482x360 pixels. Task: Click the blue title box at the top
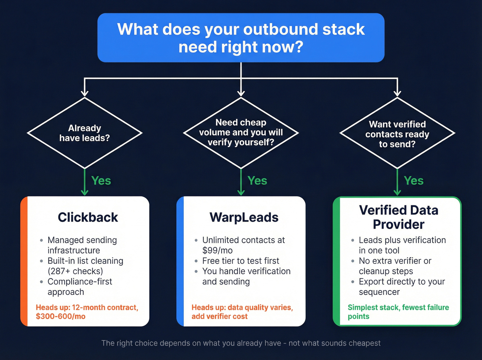[241, 38]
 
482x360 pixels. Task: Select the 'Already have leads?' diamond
[85, 133]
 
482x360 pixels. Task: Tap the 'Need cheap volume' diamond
[241, 133]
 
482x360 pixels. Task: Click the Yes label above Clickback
[101, 181]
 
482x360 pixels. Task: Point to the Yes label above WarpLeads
[257, 181]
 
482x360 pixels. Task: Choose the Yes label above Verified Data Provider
[413, 181]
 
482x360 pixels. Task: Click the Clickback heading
[88, 217]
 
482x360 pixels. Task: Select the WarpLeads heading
[244, 217]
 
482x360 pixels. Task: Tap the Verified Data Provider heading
[398, 217]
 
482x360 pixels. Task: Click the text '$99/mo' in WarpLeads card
[217, 250]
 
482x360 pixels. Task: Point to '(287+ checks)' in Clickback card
[75, 271]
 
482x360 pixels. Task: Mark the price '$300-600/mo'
[61, 316]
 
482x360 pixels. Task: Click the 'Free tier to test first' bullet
[240, 261]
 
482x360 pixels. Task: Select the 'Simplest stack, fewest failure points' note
[398, 311]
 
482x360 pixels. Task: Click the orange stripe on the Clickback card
[24, 262]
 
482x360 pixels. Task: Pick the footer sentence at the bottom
[241, 343]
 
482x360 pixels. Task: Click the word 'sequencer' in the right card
[379, 292]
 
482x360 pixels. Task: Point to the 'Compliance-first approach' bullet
[80, 286]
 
